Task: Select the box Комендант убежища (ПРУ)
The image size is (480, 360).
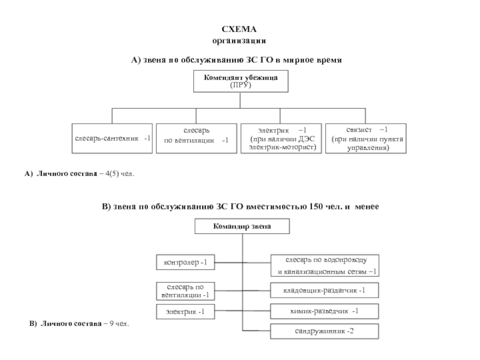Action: (240, 81)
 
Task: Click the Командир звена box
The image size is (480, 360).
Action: (242, 227)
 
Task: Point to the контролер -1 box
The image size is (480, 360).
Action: (185, 262)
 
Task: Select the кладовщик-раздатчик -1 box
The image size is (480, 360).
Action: (324, 291)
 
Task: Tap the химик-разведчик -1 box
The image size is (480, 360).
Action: (324, 311)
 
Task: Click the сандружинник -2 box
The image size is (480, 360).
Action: (324, 331)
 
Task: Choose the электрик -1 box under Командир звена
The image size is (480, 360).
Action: (185, 311)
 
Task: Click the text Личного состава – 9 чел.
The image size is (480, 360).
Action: (84, 324)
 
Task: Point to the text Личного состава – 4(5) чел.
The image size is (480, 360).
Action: (84, 174)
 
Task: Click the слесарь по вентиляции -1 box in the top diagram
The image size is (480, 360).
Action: (196, 139)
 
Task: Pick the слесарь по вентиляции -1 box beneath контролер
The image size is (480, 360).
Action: (185, 291)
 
